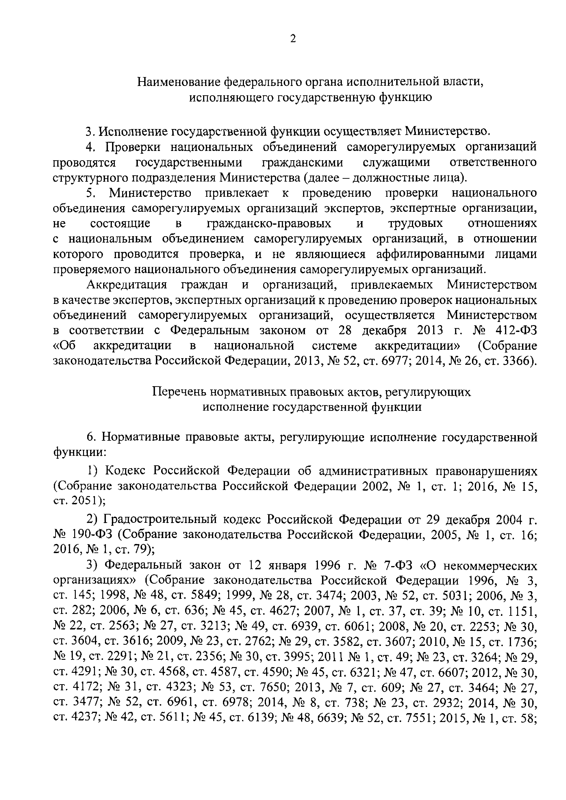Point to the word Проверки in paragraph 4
(x=133, y=147)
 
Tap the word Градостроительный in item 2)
(x=161, y=520)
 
